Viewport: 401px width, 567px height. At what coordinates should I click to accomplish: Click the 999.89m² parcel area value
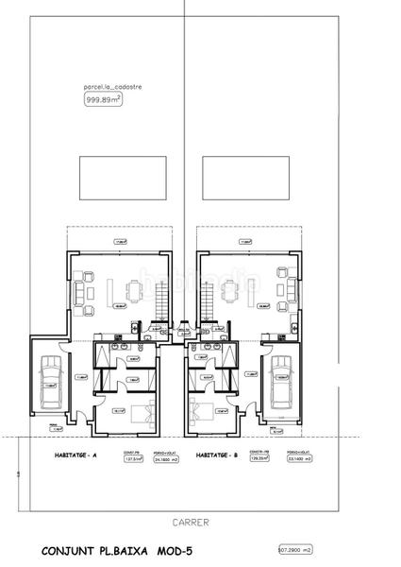coord(103,98)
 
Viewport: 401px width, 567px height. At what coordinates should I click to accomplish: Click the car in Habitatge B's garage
coord(280,386)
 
